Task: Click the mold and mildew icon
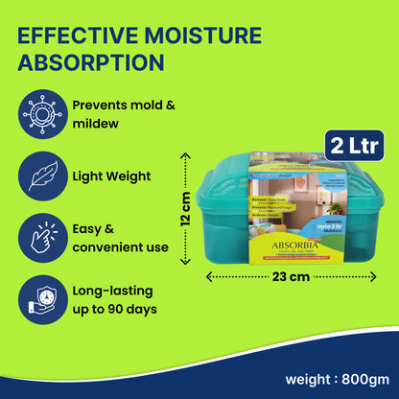[40, 112]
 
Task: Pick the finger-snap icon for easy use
[40, 236]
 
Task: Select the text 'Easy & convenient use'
[119, 237]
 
